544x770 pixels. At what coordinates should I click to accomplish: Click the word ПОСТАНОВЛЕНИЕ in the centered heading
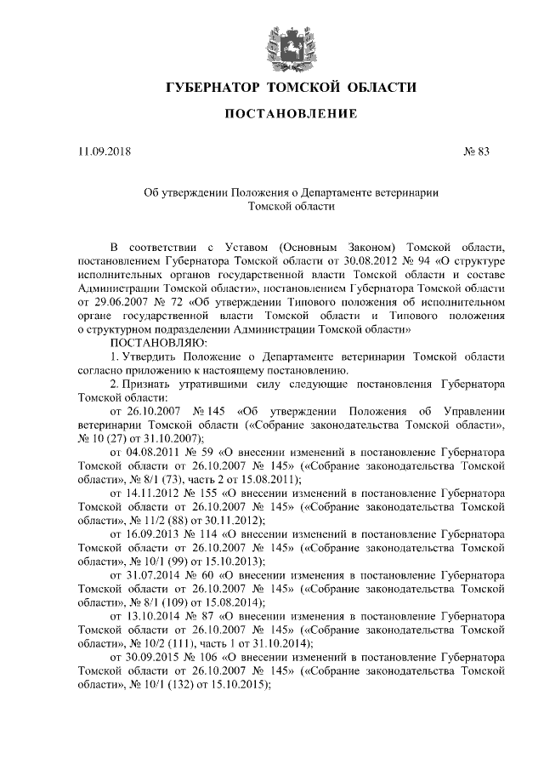coord(291,114)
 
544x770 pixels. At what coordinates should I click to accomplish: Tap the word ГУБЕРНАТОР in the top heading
coord(212,88)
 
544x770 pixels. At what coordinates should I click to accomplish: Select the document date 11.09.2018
coord(100,152)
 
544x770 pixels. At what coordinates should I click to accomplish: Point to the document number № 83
coord(477,152)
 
